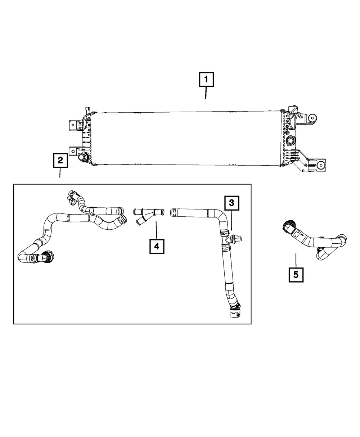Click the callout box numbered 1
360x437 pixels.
coord(206,80)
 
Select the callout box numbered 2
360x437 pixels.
coord(60,160)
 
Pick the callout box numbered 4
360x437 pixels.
coord(156,246)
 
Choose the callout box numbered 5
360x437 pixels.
coord(296,275)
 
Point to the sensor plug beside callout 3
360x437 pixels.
coord(237,238)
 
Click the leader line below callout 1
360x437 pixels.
coord(206,93)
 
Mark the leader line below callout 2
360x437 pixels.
coord(60,173)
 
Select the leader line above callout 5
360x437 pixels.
coord(296,261)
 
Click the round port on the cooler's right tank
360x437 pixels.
coord(290,140)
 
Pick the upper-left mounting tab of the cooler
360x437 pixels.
coord(74,125)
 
